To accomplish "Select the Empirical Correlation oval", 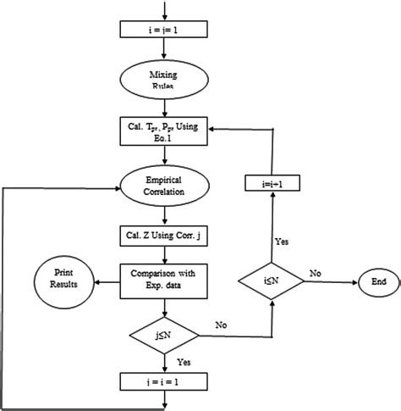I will pos(163,186).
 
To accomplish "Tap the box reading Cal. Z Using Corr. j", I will pos(163,236).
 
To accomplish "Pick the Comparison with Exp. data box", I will pos(163,280).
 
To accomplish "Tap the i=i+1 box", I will pos(270,183).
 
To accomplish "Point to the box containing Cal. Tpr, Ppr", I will pos(163,129).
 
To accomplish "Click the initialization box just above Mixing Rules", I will pos(163,31).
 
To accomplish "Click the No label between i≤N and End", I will pos(316,274).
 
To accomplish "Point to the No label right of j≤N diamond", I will pos(222,324).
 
